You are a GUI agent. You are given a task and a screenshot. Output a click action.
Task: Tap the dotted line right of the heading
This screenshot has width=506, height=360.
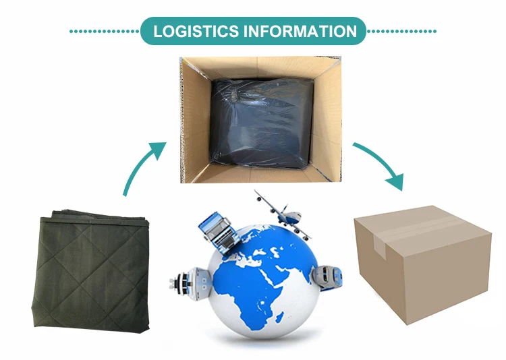(401, 31)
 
